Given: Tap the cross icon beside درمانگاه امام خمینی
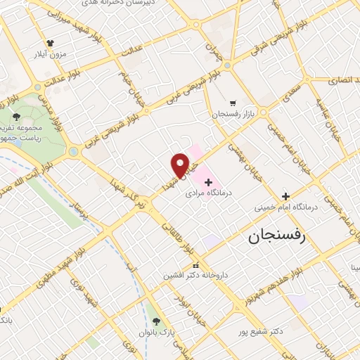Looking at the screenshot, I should [285, 196].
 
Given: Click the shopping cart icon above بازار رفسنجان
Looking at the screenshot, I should [233, 103].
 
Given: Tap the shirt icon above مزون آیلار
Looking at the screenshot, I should [50, 42].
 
